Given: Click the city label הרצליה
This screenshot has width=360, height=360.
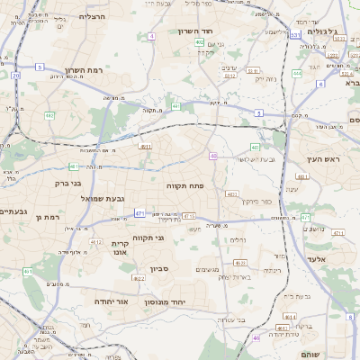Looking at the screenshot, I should pyautogui.click(x=93, y=16).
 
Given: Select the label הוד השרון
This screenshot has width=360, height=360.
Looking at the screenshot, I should pyautogui.click(x=219, y=30).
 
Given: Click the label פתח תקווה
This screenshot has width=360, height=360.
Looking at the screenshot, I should pyautogui.click(x=186, y=184).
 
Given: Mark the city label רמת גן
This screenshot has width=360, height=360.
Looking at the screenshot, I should pyautogui.click(x=46, y=217).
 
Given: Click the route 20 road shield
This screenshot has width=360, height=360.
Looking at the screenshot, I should pyautogui.click(x=16, y=76).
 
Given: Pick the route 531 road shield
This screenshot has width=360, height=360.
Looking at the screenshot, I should pyautogui.click(x=295, y=34).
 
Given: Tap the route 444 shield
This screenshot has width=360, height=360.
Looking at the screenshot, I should pyautogui.click(x=297, y=74).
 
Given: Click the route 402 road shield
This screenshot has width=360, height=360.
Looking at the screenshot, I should pyautogui.click(x=199, y=41).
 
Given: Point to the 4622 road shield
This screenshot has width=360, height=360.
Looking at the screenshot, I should pyautogui.click(x=240, y=263).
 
